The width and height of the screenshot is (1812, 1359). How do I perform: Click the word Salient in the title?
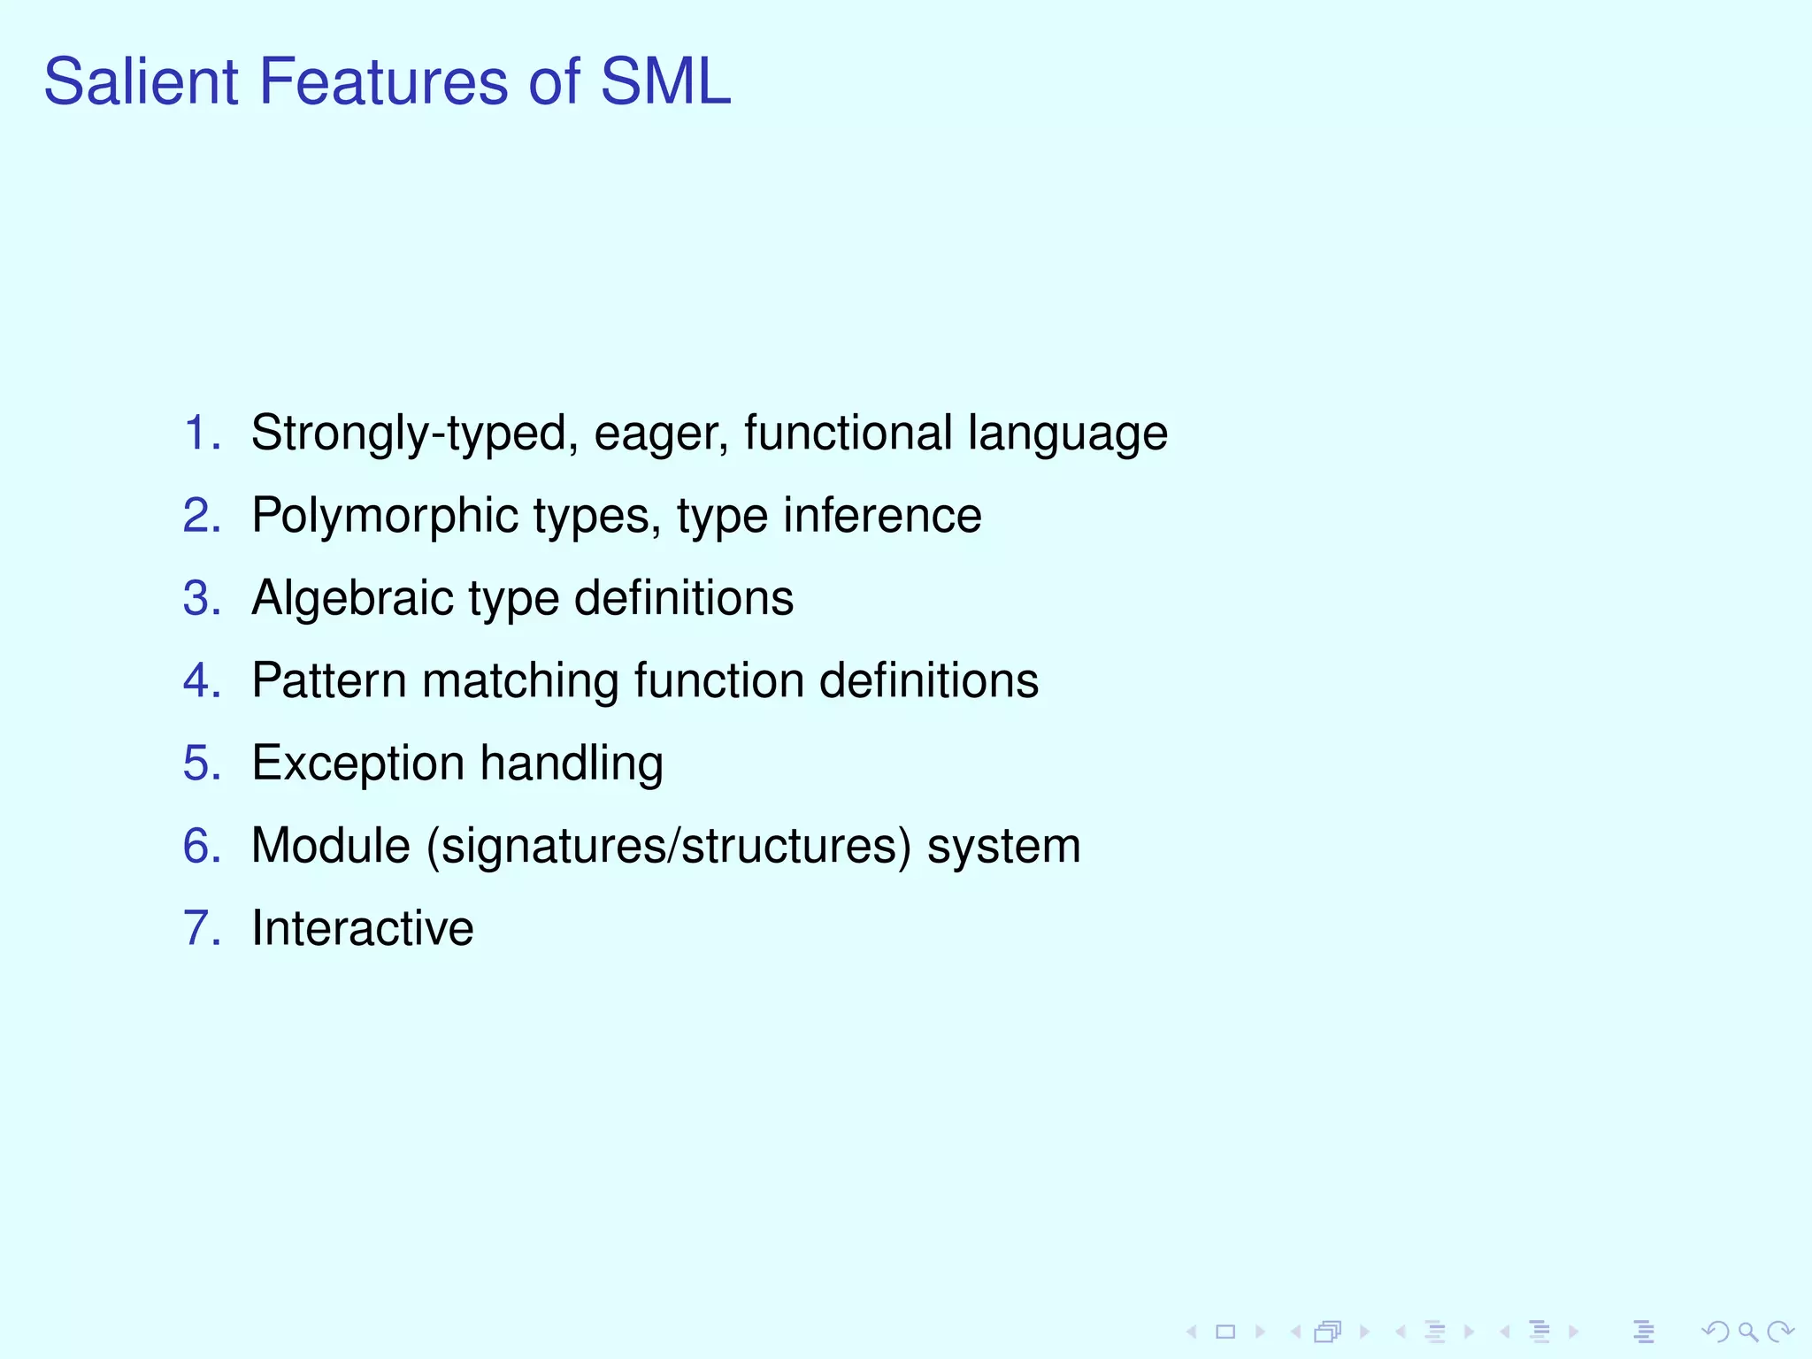[141, 82]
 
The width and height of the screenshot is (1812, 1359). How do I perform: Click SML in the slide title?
[665, 82]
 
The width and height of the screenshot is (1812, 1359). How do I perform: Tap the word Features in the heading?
[383, 82]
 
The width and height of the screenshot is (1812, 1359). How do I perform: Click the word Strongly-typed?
[408, 434]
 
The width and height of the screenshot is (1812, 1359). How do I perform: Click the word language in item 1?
[1067, 434]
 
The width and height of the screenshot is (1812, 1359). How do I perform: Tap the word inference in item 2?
[882, 515]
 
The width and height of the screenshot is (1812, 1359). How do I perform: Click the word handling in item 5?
[572, 764]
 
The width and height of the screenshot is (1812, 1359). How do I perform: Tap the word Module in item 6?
[331, 846]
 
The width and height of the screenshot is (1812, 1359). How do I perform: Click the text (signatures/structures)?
[669, 847]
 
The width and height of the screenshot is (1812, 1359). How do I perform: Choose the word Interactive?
[363, 928]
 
